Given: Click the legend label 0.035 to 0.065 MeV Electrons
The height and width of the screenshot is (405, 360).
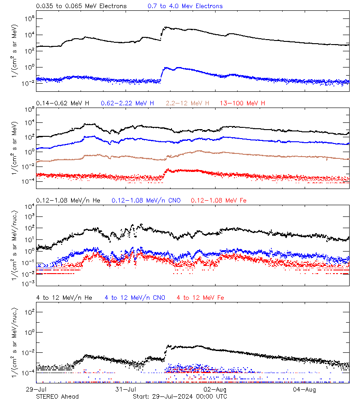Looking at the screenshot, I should tap(81, 6).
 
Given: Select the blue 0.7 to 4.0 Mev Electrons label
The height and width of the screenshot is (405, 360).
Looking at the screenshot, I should tap(185, 6).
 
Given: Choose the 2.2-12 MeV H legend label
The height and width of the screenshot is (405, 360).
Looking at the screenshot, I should tap(190, 103).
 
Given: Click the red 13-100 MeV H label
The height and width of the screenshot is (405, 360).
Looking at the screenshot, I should tap(242, 103).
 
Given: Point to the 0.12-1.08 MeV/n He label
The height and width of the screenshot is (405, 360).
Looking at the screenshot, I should tap(70, 200).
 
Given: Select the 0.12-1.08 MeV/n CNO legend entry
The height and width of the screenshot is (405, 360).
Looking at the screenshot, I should tap(146, 200).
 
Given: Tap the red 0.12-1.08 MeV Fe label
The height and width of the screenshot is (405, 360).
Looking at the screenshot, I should tap(219, 200).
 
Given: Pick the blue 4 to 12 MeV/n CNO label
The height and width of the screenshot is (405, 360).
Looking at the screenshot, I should tap(135, 297).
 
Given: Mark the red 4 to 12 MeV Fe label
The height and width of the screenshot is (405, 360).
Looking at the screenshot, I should tap(200, 297).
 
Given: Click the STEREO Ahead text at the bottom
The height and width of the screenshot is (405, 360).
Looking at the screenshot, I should tap(57, 396).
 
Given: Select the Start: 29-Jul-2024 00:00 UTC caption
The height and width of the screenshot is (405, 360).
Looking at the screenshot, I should tap(180, 396).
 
